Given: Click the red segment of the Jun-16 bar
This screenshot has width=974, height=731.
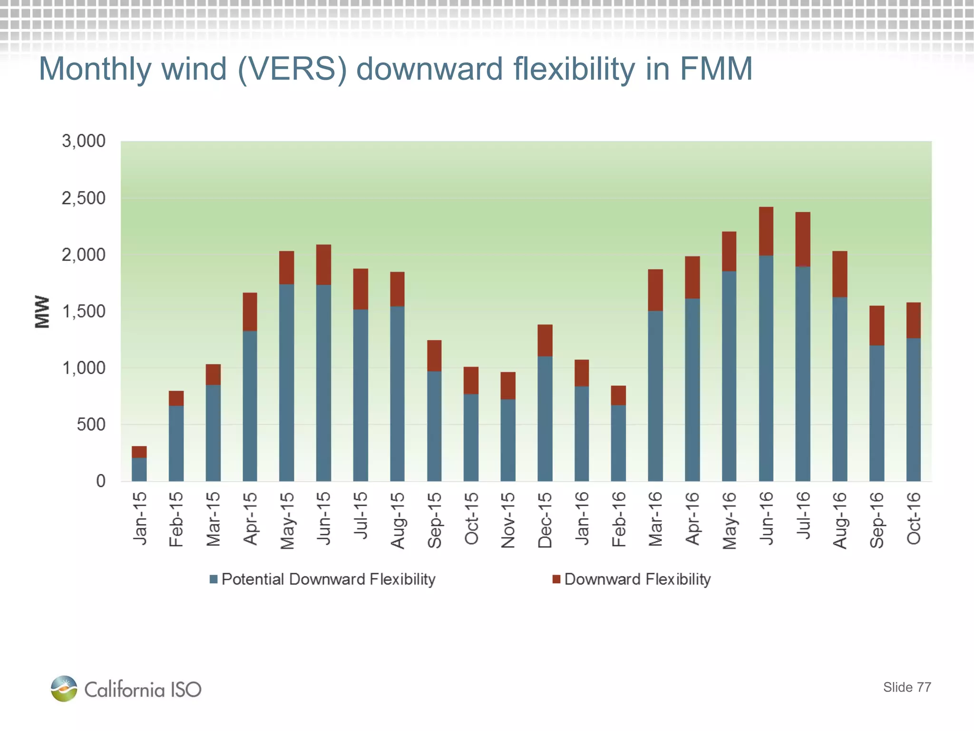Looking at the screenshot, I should pos(766,231).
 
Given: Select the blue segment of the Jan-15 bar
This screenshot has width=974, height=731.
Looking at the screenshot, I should pos(139,469).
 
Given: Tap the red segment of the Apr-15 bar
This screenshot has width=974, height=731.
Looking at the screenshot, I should pos(250,312).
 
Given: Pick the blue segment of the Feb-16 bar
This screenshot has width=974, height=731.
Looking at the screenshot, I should pos(618,443).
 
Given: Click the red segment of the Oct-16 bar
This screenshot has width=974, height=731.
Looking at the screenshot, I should pos(913,320).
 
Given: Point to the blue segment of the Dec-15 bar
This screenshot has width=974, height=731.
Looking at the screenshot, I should pos(545,419).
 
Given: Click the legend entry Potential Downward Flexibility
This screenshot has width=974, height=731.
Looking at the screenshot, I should pos(328,579).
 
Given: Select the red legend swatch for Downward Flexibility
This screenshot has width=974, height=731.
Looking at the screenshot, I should pos(556,579).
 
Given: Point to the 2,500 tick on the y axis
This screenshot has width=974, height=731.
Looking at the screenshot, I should pos(84,198).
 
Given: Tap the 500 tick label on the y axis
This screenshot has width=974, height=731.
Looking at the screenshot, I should pos(91,425).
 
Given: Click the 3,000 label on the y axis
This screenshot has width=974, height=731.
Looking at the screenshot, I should pos(84,141).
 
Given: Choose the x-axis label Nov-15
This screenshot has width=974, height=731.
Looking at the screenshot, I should pos(508,520).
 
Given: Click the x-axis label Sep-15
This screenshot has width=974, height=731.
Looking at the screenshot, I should pos(434,520).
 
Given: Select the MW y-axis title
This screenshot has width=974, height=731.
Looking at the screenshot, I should pos(42,312).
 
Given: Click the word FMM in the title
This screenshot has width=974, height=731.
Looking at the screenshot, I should pos(716,69).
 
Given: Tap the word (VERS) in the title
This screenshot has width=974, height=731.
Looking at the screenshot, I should pos(292,69).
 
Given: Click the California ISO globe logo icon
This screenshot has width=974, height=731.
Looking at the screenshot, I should pos(64,688).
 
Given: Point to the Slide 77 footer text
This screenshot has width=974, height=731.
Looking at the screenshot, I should pos(906,687).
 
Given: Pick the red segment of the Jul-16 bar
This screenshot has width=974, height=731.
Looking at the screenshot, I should pos(803,239).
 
